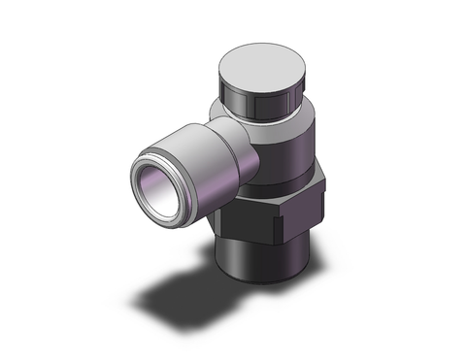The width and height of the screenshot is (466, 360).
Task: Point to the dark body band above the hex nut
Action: [x=291, y=160]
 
